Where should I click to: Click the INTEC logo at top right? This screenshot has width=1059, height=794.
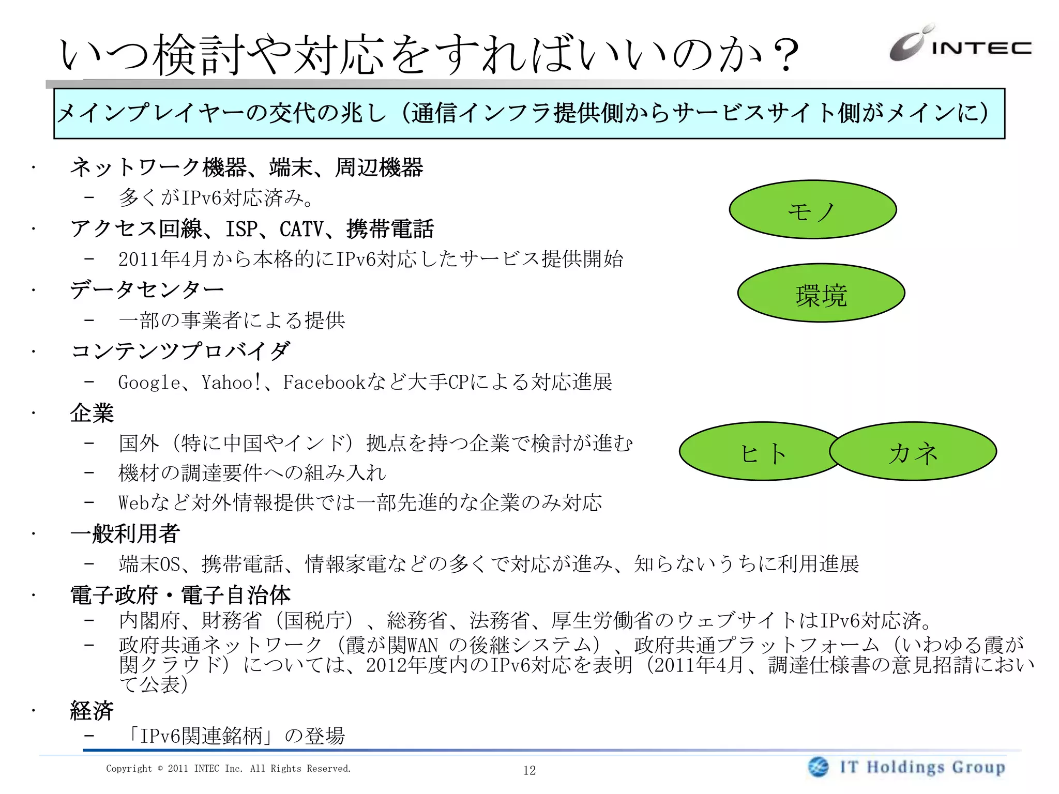pyautogui.click(x=960, y=44)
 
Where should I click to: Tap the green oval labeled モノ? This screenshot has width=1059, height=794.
pyautogui.click(x=812, y=210)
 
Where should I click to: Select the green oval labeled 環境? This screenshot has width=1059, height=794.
pyautogui.click(x=821, y=294)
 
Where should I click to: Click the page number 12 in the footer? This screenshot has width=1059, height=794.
pyautogui.click(x=529, y=770)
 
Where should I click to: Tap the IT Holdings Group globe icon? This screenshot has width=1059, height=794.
pyautogui.click(x=818, y=767)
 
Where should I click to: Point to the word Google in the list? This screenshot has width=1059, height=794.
pyautogui.click(x=149, y=383)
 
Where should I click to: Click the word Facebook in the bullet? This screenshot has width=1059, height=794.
pyautogui.click(x=324, y=383)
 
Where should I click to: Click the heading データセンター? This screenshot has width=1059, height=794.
pyautogui.click(x=147, y=289)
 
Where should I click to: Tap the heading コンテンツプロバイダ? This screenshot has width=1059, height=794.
pyautogui.click(x=180, y=351)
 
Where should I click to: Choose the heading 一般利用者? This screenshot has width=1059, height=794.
pyautogui.click(x=125, y=533)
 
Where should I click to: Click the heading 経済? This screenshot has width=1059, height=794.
pyautogui.click(x=92, y=711)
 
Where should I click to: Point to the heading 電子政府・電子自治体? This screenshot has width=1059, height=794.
pyautogui.click(x=180, y=595)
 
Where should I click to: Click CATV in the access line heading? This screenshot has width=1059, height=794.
pyautogui.click(x=301, y=229)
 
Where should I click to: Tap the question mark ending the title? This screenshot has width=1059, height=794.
pyautogui.click(x=785, y=54)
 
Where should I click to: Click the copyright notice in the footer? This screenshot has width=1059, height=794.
pyautogui.click(x=228, y=769)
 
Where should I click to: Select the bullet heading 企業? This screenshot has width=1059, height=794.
pyautogui.click(x=92, y=413)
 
